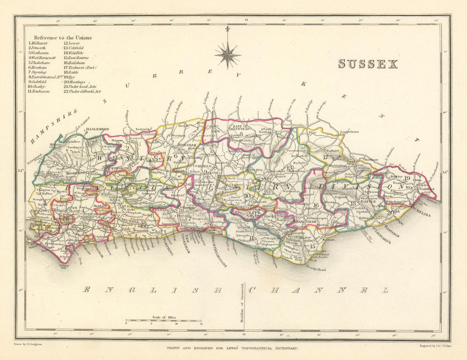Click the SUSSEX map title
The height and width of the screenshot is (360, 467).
pos(368,64)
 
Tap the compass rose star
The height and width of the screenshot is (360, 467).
pos(227,55)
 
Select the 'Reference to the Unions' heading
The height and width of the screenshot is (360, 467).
pos(63,37)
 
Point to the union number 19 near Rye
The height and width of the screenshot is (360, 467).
pos(407,178)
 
